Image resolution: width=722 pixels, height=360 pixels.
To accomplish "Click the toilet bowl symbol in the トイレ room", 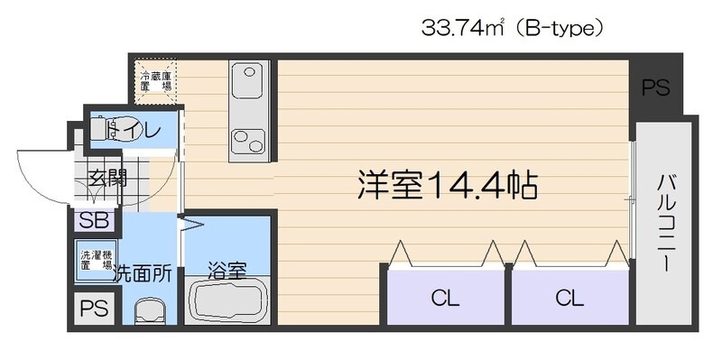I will (x=125, y=128).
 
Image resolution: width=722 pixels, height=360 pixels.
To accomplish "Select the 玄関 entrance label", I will (x=106, y=178).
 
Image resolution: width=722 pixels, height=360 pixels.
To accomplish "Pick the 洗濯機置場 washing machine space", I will (x=95, y=260).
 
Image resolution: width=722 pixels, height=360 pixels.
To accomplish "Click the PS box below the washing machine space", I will (x=94, y=309).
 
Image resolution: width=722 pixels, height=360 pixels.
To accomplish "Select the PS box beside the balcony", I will (x=655, y=88).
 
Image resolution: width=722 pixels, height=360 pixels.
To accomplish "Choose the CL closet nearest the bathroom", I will (x=444, y=296).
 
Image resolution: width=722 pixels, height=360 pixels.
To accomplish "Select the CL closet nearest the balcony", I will (x=569, y=296).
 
